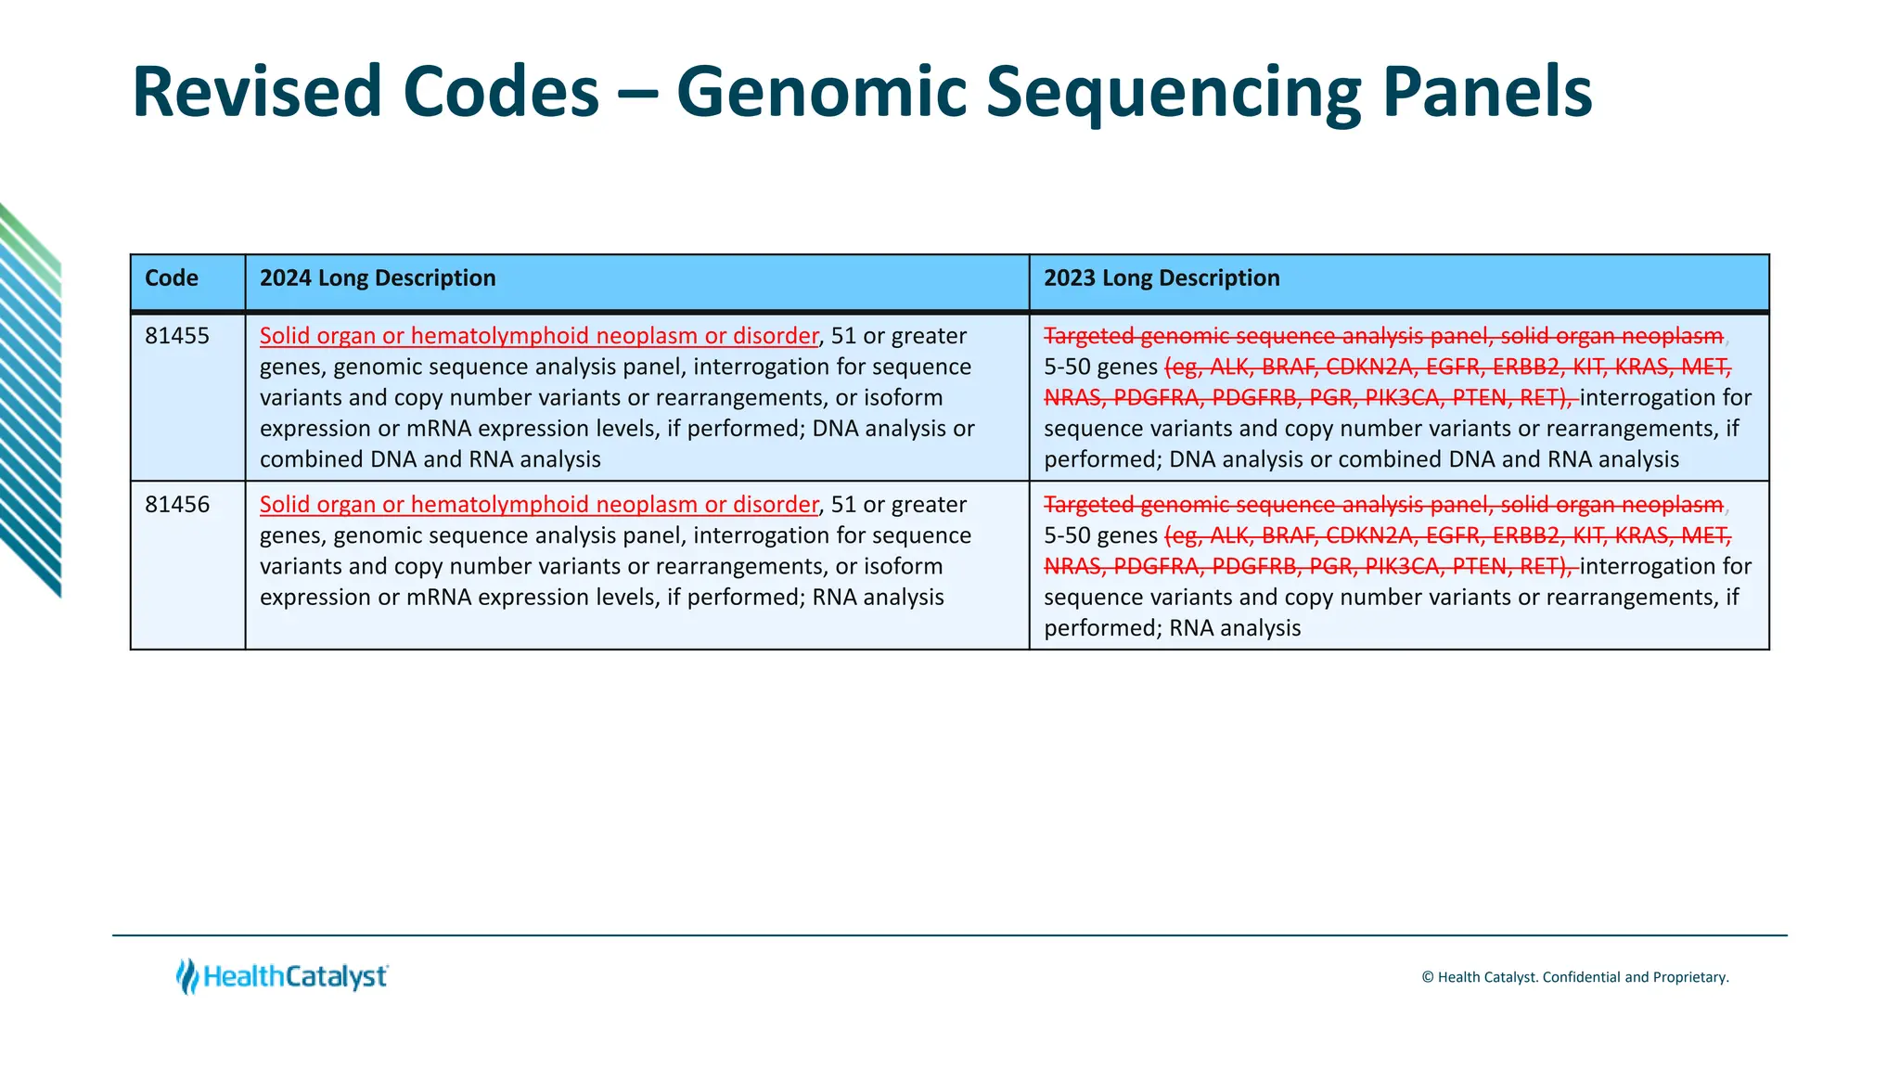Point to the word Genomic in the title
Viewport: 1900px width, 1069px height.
tap(821, 93)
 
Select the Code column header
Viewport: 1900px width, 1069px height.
tap(172, 278)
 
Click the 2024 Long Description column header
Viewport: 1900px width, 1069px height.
tap(378, 278)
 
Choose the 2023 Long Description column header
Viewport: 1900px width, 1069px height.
tap(1162, 278)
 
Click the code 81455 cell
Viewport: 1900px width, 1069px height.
tap(177, 336)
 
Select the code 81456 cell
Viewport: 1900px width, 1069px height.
tap(177, 505)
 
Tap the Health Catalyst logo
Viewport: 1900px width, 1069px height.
tap(283, 976)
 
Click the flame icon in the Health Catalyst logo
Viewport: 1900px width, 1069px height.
tap(187, 976)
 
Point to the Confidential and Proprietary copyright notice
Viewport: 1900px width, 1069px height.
tap(1574, 977)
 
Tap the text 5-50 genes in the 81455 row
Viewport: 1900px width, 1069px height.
tap(1100, 367)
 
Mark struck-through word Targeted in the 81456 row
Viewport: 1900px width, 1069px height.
tap(1089, 505)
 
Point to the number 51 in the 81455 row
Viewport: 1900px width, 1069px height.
tap(843, 336)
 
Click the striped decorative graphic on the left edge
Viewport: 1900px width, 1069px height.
tap(30, 399)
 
